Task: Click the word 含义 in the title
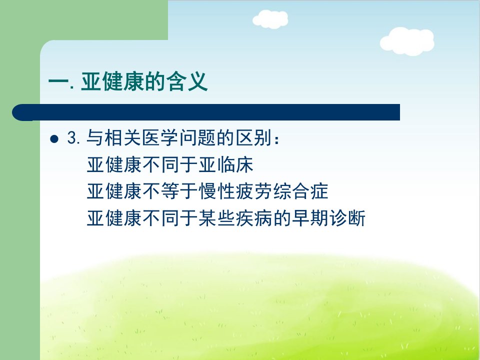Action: (187, 81)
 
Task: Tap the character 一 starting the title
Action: (58, 82)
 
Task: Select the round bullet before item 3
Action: (54, 139)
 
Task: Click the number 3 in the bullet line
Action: (71, 138)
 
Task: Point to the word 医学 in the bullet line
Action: (160, 138)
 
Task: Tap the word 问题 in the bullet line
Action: (198, 138)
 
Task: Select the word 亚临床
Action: (226, 164)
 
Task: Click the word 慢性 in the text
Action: (217, 191)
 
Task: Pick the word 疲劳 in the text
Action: (254, 191)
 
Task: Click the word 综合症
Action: (301, 191)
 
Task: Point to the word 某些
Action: (217, 218)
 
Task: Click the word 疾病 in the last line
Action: (254, 218)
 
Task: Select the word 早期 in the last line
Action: (310, 218)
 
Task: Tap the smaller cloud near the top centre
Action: (270, 19)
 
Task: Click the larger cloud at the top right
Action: (407, 41)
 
